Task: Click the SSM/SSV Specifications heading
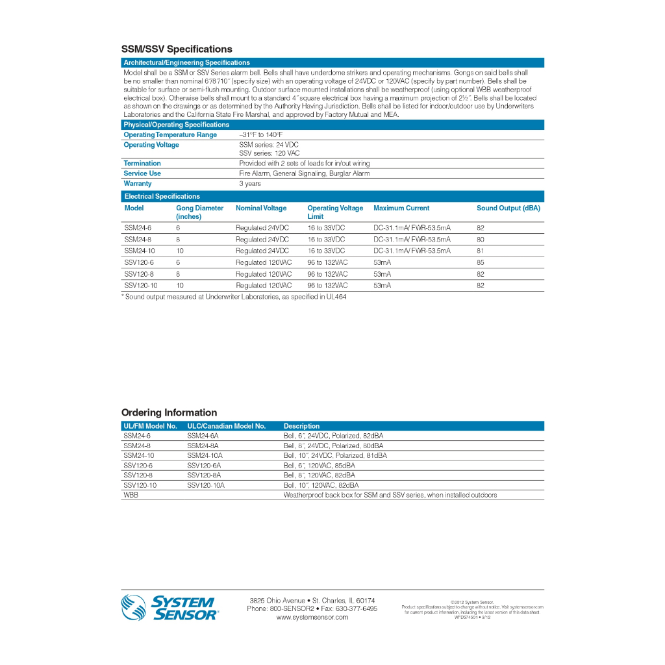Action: pyautogui.click(x=177, y=49)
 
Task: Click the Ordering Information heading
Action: pyautogui.click(x=169, y=413)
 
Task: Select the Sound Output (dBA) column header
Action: pyautogui.click(x=508, y=208)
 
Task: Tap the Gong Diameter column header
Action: pyautogui.click(x=199, y=212)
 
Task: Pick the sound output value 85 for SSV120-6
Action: pyautogui.click(x=480, y=262)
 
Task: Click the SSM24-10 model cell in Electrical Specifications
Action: pyautogui.click(x=140, y=251)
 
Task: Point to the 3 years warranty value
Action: pyautogui.click(x=250, y=184)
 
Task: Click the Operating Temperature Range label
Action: pyautogui.click(x=170, y=135)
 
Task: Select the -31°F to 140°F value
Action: pyautogui.click(x=261, y=135)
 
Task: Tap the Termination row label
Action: pyautogui.click(x=142, y=164)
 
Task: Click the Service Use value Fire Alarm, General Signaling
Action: pyautogui.click(x=304, y=173)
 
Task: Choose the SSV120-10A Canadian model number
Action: pyautogui.click(x=206, y=485)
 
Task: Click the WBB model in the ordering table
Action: pyautogui.click(x=131, y=495)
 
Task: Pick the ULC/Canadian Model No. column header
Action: pyautogui.click(x=226, y=426)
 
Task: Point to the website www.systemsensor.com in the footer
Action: pyautogui.click(x=312, y=618)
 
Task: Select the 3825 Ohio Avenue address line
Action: pyautogui.click(x=312, y=600)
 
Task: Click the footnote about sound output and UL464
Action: pyautogui.click(x=234, y=297)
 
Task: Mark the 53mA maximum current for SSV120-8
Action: pyautogui.click(x=382, y=274)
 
